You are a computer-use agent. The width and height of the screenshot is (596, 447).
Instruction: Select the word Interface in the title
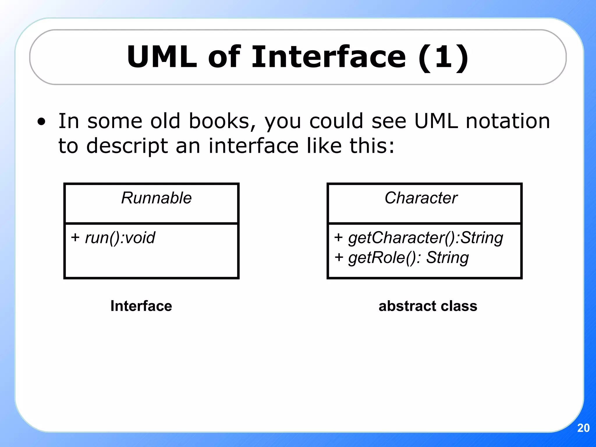point(329,57)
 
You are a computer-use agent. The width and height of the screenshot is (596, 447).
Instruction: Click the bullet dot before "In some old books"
point(42,122)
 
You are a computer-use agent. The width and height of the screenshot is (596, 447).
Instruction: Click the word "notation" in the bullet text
point(508,121)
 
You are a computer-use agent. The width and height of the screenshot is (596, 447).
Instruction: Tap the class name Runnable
point(156,198)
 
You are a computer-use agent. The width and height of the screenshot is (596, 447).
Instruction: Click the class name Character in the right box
point(421,198)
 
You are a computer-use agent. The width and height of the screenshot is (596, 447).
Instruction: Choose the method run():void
point(120,238)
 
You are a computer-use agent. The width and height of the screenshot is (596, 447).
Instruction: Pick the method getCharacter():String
point(425,238)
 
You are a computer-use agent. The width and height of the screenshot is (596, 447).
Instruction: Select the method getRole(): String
point(408,258)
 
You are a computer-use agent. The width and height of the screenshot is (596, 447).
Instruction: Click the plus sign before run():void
point(75,237)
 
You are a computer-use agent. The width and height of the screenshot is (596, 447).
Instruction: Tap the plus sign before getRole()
point(339,258)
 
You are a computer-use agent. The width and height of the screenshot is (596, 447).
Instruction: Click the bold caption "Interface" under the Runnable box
point(141,306)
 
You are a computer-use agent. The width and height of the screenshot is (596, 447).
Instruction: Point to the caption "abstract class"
point(428,306)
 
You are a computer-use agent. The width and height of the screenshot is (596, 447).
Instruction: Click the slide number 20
point(583,428)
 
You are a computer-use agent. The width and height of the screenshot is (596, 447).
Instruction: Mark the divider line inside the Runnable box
point(151,223)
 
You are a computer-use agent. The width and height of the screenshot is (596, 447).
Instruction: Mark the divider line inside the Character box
point(424,223)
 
